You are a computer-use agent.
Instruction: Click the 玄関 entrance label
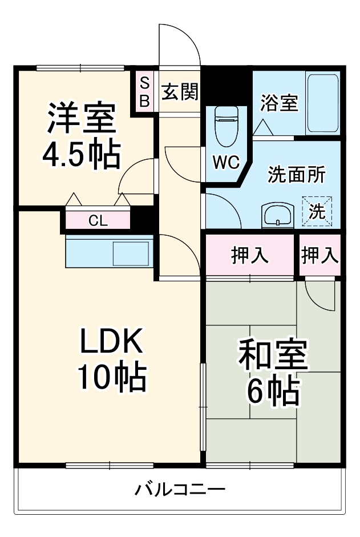pyautogui.click(x=179, y=91)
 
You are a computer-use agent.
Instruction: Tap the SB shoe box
pyautogui.click(x=144, y=92)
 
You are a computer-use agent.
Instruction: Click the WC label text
pyautogui.click(x=226, y=162)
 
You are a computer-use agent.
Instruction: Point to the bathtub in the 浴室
pyautogui.click(x=322, y=103)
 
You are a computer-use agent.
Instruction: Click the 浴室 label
pyautogui.click(x=279, y=103)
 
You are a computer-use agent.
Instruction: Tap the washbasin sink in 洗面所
pyautogui.click(x=277, y=216)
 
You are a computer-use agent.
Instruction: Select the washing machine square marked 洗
pyautogui.click(x=316, y=211)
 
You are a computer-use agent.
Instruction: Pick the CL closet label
pyautogui.click(x=97, y=221)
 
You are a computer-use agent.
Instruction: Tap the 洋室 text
pyautogui.click(x=82, y=119)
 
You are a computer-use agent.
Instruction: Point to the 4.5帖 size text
pyautogui.click(x=82, y=152)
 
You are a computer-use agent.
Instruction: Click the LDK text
pyautogui.click(x=110, y=342)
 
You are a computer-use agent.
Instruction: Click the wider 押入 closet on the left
pyautogui.click(x=250, y=256)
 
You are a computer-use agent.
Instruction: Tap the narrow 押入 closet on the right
pyautogui.click(x=319, y=256)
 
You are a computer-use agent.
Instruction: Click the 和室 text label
pyautogui.click(x=273, y=357)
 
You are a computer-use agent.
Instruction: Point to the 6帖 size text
pyautogui.click(x=273, y=391)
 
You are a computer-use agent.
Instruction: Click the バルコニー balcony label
pyautogui.click(x=180, y=489)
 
